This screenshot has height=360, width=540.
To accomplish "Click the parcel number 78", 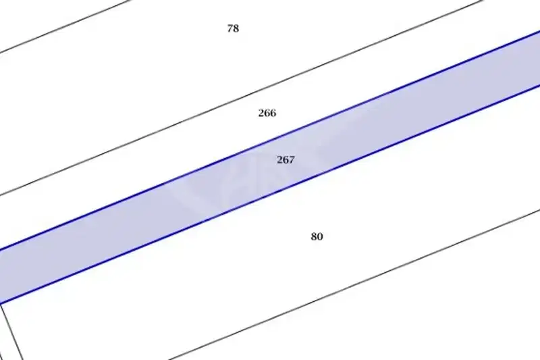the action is point(233,28).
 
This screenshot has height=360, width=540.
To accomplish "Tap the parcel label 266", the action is point(267,113).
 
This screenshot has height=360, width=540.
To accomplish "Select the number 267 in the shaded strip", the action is point(286,159).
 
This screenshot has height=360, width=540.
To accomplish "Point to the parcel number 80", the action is point(317,236).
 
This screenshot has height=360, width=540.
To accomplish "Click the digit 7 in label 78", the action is point(230,28).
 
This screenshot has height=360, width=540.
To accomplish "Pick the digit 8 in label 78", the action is point(236,28).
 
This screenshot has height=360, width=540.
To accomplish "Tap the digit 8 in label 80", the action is point(314,236).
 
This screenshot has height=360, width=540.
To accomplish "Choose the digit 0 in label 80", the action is point(320,236).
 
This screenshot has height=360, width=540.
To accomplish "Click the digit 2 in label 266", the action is point(261,113).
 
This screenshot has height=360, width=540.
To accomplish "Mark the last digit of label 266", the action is point(273,113).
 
